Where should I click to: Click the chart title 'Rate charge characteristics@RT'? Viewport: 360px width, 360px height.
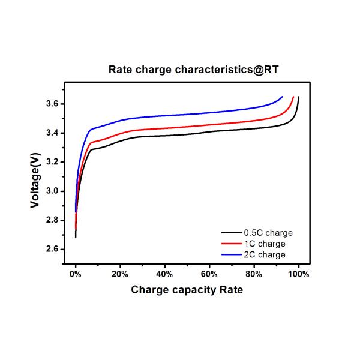click(193, 70)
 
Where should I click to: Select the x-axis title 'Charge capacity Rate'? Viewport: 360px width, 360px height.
click(187, 290)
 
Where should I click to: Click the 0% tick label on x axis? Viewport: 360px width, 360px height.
click(76, 274)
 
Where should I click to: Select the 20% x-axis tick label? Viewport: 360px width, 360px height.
click(120, 274)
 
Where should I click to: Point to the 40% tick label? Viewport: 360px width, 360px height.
click(164, 274)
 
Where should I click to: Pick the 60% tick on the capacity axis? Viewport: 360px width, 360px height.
click(209, 274)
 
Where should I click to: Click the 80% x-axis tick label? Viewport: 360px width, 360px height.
click(254, 274)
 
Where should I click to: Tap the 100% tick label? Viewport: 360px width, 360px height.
click(298, 274)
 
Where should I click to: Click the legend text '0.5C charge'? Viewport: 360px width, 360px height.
click(268, 233)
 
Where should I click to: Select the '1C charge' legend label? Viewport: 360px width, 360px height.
click(265, 244)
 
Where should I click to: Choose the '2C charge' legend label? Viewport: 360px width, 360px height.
click(265, 254)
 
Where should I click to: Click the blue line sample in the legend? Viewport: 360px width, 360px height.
click(231, 254)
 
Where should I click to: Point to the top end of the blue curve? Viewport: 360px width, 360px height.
click(282, 96)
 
